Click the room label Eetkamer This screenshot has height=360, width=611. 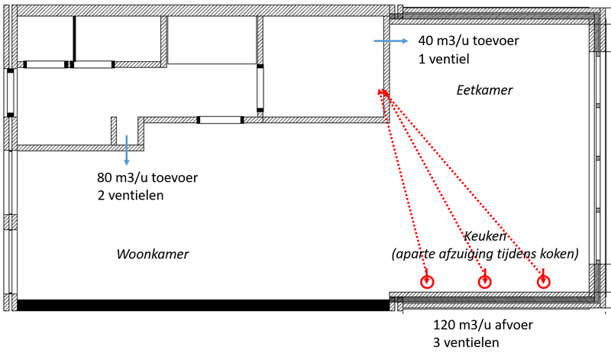pos(484,90)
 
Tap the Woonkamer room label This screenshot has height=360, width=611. pos(152,254)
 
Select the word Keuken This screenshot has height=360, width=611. pos(485,236)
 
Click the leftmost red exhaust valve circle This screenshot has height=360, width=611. pos(426,282)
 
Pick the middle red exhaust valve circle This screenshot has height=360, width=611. pos(484,282)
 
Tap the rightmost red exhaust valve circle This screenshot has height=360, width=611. pos(542,281)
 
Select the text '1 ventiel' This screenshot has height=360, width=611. pos(443,59)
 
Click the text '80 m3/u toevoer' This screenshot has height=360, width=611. pos(147,178)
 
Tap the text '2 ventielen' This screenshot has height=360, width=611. pos(131,196)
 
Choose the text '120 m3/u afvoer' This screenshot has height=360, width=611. pos(483,325)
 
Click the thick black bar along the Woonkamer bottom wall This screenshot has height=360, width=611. pos(202,305)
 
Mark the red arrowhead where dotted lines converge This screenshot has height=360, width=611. pos(381,91)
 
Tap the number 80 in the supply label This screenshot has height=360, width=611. pos(105,178)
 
